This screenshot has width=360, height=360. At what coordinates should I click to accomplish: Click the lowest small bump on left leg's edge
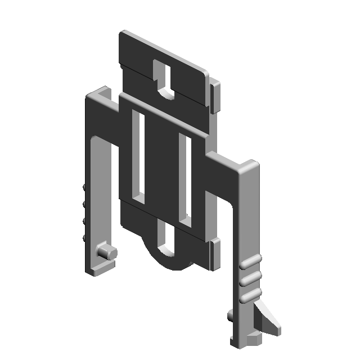[x=84, y=238]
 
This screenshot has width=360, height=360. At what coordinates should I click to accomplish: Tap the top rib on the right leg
[x=250, y=262]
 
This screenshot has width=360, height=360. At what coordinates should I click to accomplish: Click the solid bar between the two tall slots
[x=163, y=169]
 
